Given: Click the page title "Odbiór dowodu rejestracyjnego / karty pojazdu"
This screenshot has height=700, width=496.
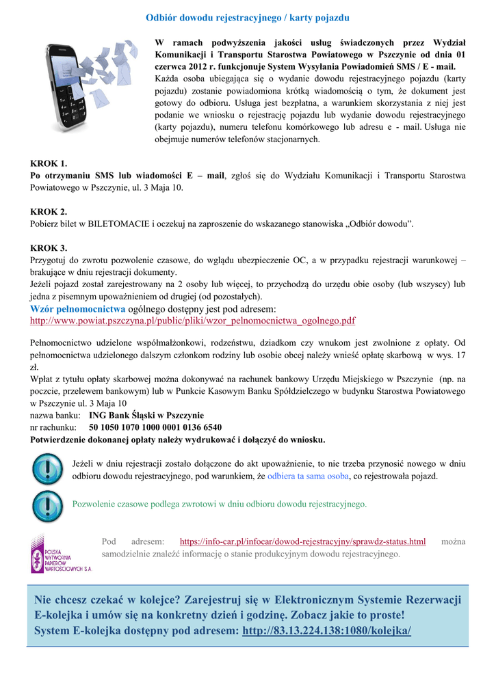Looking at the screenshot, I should pyautogui.click(x=248, y=16).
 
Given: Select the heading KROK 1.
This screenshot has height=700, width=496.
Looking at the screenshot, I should pyautogui.click(x=49, y=163).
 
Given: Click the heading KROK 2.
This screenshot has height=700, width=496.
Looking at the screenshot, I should pyautogui.click(x=49, y=211).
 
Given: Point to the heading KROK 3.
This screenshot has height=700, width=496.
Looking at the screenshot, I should pyautogui.click(x=49, y=247).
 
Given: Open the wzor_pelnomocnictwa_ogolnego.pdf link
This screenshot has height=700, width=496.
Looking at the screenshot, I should pyautogui.click(x=193, y=321).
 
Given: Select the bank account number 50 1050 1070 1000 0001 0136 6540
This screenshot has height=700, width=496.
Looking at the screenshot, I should pyautogui.click(x=155, y=427).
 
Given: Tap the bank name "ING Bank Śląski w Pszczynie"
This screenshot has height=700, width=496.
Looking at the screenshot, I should pyautogui.click(x=146, y=415).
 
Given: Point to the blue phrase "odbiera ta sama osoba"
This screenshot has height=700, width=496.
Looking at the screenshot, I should pyautogui.click(x=309, y=476).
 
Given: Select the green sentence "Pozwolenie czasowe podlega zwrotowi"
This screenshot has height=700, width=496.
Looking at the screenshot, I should pyautogui.click(x=220, y=504).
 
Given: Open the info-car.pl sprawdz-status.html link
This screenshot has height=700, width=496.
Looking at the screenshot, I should pyautogui.click(x=302, y=541).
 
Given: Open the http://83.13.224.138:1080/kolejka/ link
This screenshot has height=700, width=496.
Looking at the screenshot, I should pyautogui.click(x=327, y=630).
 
